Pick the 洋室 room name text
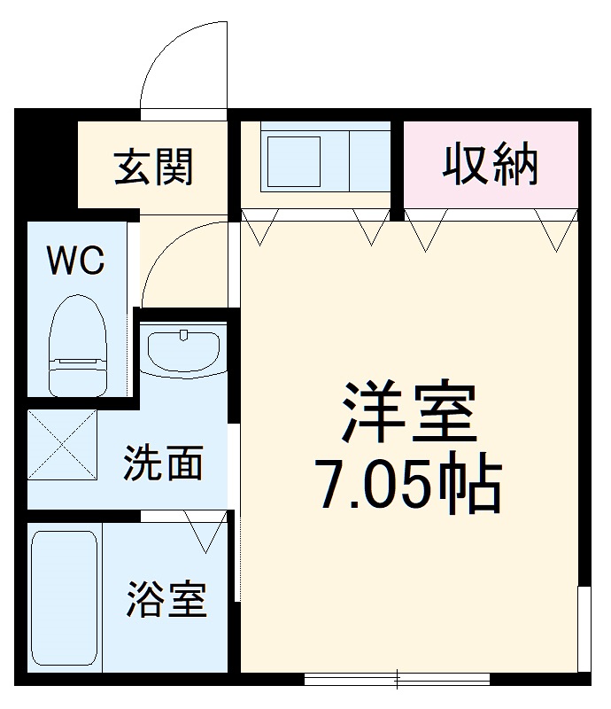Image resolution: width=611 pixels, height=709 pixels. tap(408, 414)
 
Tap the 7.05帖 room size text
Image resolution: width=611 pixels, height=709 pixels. tap(409, 485)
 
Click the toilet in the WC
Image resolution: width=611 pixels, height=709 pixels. tap(77, 341)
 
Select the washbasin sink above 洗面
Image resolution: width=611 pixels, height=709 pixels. tap(183, 351)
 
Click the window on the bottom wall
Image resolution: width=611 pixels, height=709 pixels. tap(396, 680)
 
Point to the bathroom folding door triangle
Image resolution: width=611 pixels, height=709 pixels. tap(205, 532)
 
